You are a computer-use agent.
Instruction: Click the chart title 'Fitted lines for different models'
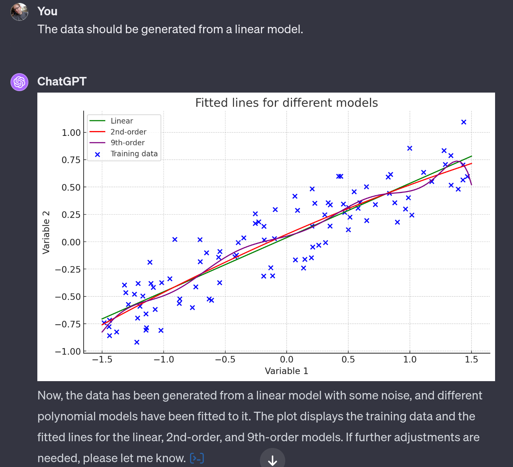(286, 103)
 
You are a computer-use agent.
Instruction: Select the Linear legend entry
(122, 121)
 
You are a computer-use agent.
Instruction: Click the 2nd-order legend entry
(128, 132)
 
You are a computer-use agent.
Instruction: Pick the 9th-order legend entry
(127, 143)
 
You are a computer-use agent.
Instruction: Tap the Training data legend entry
(134, 154)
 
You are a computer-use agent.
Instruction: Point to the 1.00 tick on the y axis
(71, 133)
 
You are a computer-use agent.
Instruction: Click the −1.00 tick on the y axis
(68, 351)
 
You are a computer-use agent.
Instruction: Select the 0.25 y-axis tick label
(71, 215)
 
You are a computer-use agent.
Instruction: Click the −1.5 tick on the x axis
(102, 359)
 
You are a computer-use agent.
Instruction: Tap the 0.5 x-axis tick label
(348, 359)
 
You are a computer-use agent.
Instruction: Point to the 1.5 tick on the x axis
(471, 359)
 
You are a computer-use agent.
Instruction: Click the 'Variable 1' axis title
(286, 371)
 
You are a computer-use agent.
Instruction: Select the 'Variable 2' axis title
(46, 232)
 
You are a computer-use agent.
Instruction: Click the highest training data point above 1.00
(464, 122)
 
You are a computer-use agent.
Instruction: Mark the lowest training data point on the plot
(137, 342)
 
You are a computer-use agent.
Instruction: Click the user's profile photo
(19, 12)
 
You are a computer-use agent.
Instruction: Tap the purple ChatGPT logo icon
(19, 82)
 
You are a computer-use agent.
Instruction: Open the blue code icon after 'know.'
(197, 458)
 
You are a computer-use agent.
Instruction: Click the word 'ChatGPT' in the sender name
(62, 81)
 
